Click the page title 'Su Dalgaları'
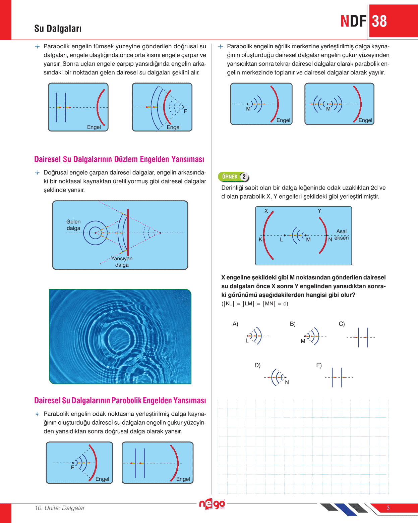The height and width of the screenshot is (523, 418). (x=58, y=29)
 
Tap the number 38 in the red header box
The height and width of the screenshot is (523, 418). (x=379, y=21)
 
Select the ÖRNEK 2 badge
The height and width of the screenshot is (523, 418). (x=234, y=176)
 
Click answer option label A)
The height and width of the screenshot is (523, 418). (x=235, y=324)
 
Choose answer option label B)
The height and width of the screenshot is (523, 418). (x=293, y=324)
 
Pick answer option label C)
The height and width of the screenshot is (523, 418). (x=342, y=324)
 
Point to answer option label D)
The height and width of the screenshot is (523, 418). (x=257, y=365)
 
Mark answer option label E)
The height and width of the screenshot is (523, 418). (x=319, y=365)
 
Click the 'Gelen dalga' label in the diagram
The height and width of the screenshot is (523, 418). (x=73, y=225)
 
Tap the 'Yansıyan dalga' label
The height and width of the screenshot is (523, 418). (x=122, y=262)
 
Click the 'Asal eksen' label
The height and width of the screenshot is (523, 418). (x=342, y=234)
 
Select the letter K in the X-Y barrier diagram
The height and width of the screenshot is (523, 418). (x=260, y=240)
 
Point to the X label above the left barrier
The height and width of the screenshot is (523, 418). (x=266, y=211)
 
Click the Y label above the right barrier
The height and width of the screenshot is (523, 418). (x=319, y=211)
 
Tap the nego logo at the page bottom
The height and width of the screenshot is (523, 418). (x=212, y=504)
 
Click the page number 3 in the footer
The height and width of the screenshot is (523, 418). (x=388, y=508)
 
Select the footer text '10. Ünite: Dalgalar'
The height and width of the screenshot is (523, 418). (x=60, y=508)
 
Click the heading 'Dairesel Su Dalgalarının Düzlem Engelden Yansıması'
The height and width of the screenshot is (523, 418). (x=119, y=159)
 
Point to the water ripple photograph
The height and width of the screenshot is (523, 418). (x=120, y=336)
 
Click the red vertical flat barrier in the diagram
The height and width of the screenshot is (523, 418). (x=128, y=233)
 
